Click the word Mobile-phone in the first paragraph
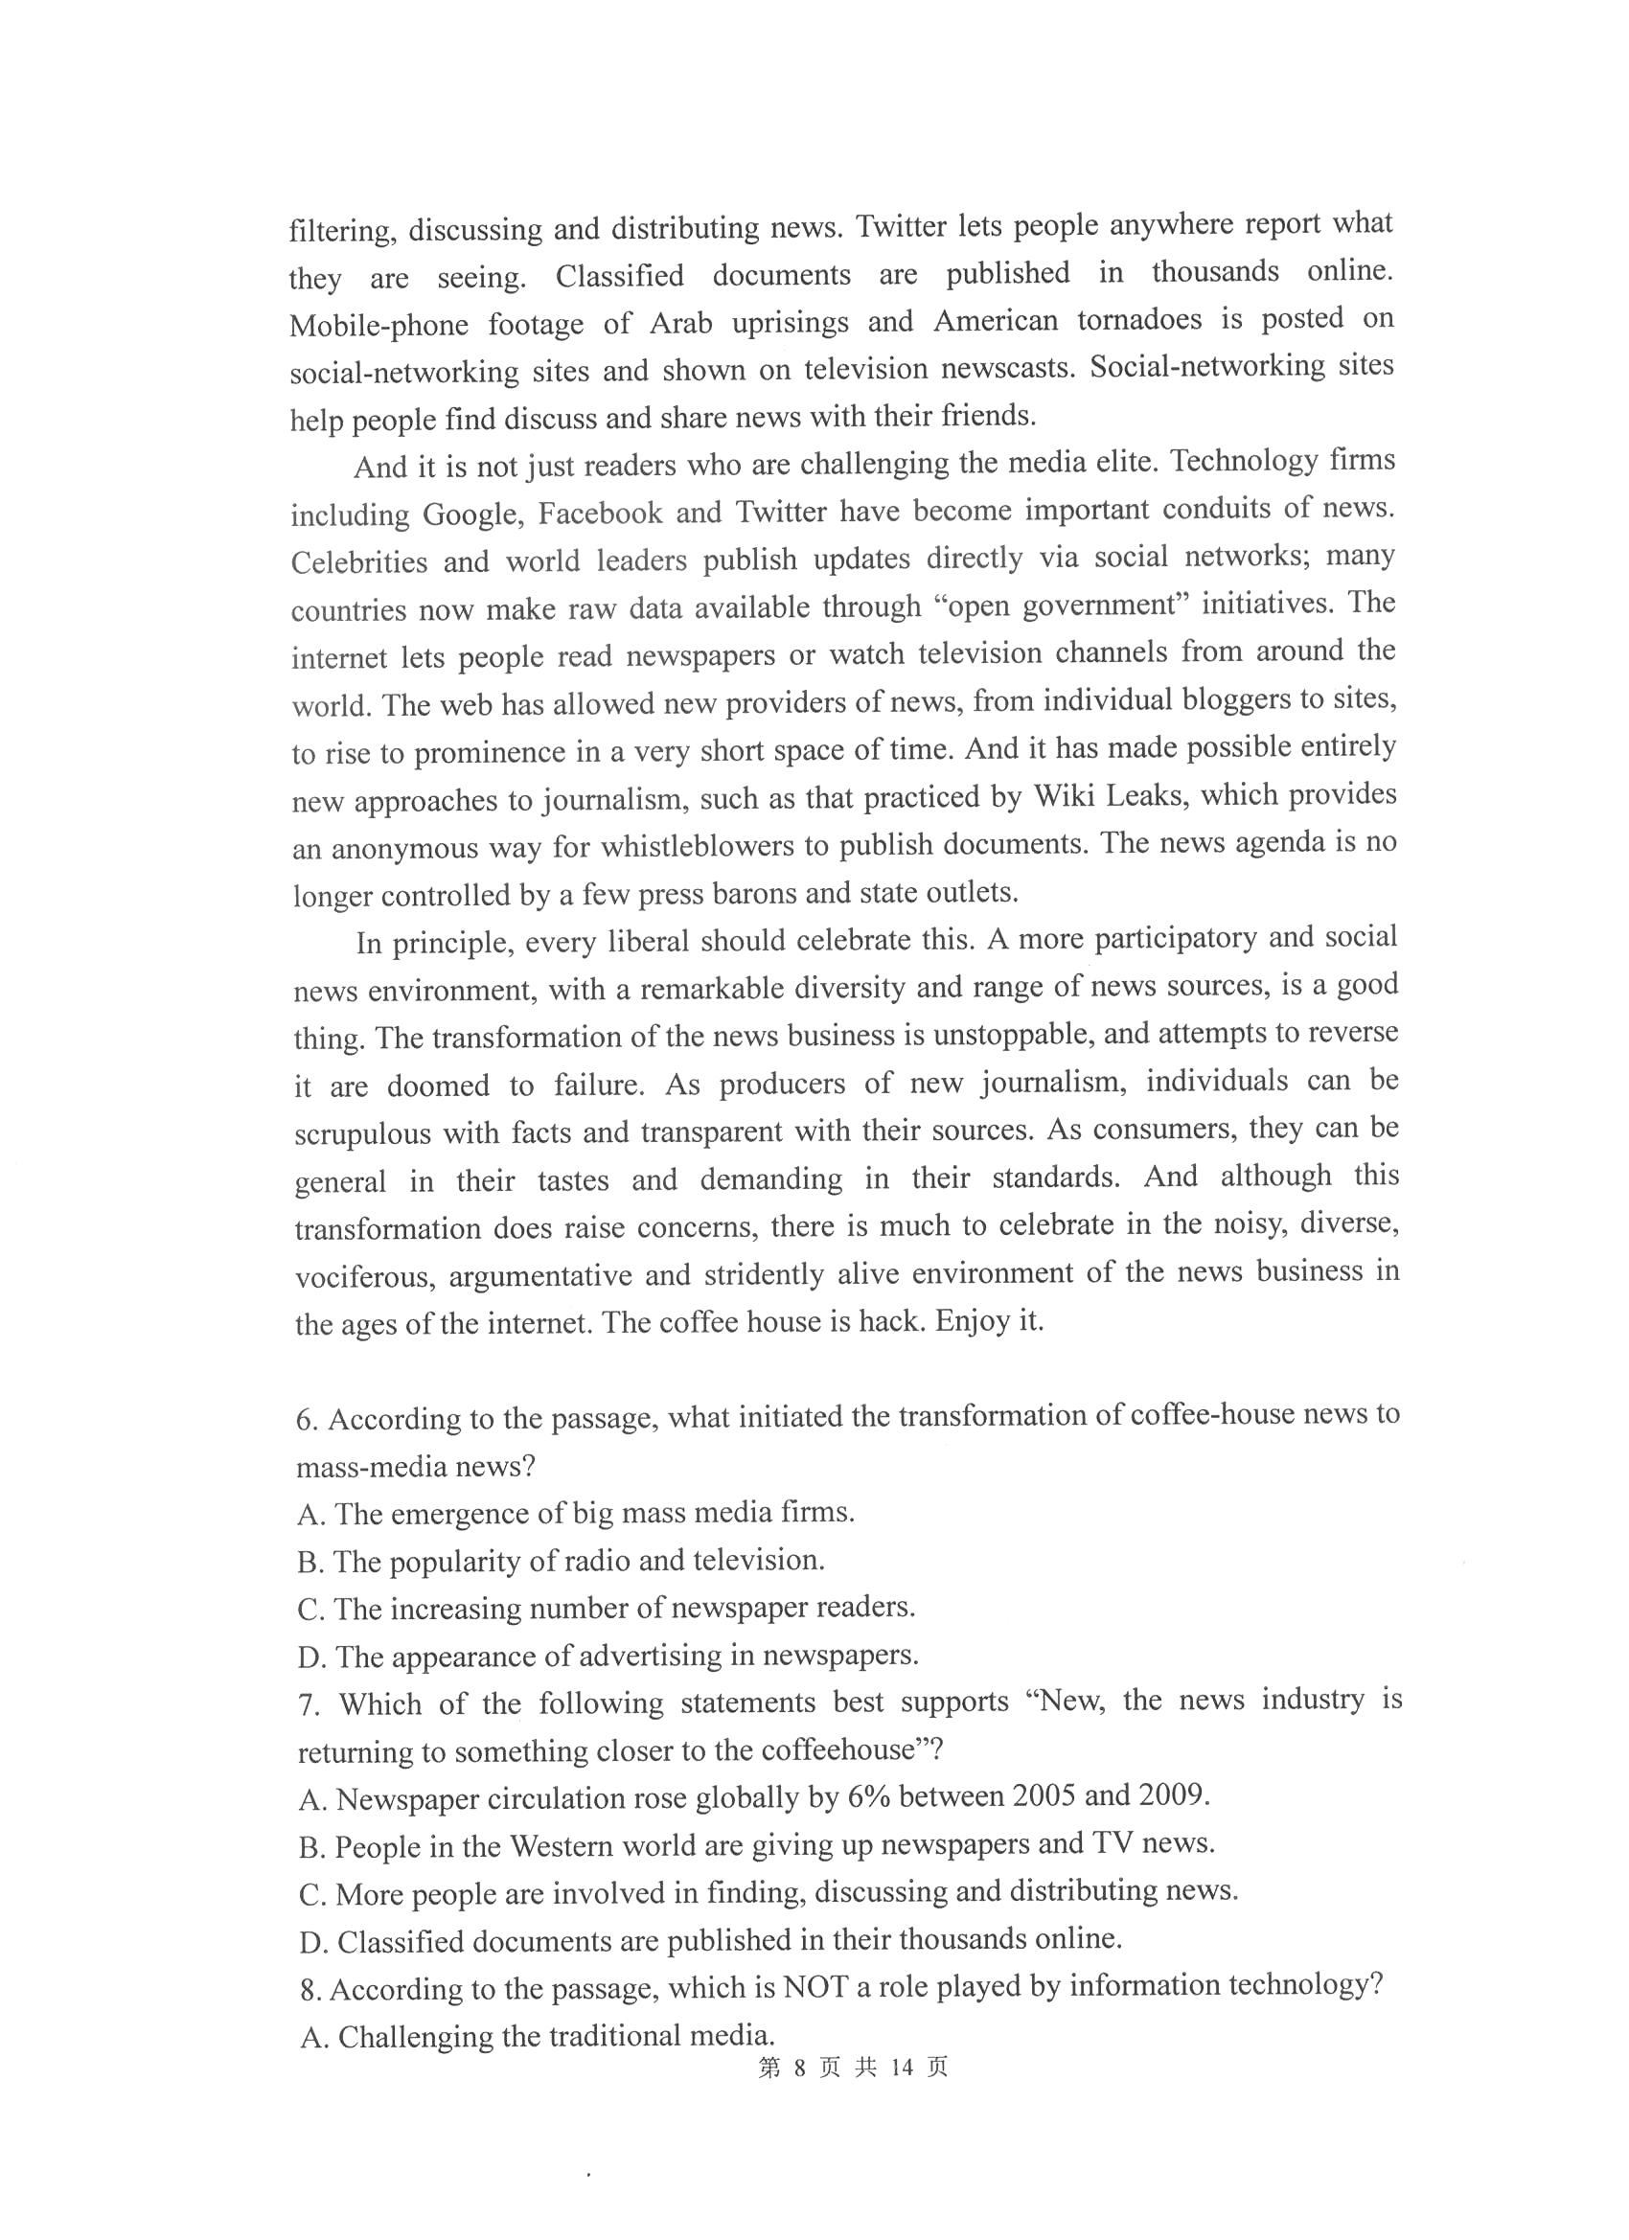(x=379, y=325)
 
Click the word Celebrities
(x=359, y=562)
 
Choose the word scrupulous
(x=361, y=1131)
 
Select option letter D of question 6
(x=310, y=1657)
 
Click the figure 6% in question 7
(x=869, y=1795)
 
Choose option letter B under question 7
(x=310, y=1846)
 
